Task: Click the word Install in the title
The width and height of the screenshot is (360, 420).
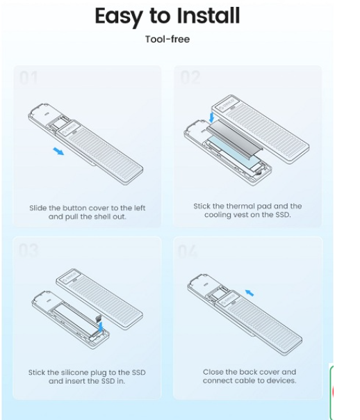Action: tap(208, 15)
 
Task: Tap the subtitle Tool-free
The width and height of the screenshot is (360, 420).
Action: tap(167, 39)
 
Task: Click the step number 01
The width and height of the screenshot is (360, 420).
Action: tap(28, 78)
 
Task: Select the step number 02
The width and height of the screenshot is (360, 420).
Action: tap(190, 77)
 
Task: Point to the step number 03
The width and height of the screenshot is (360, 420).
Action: tap(29, 250)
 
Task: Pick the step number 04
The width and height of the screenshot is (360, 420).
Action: tap(188, 251)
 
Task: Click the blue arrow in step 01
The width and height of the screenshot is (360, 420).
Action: tap(58, 151)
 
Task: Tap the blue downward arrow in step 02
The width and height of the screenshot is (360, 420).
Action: tap(212, 118)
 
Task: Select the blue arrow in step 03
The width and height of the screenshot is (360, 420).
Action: tap(101, 327)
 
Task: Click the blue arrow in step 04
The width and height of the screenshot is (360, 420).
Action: tap(249, 293)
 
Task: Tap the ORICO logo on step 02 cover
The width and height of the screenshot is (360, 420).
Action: tap(227, 104)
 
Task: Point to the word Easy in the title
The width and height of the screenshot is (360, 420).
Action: tap(118, 17)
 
